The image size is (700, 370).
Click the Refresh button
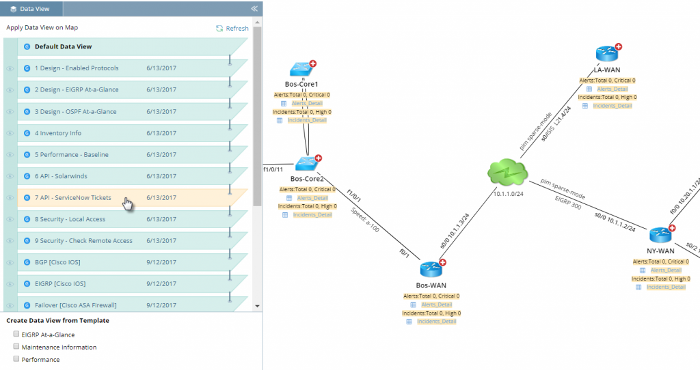pos(232,28)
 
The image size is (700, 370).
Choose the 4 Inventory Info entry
pos(58,133)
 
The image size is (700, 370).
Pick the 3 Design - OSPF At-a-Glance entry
pos(75,111)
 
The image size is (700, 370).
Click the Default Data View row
pos(63,47)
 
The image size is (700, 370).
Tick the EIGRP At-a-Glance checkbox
pos(16,335)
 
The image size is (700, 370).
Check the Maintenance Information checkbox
pos(16,347)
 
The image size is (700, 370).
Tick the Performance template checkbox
pos(16,359)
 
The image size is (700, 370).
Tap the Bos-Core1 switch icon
pos(301,69)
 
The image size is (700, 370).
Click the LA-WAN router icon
pos(606,54)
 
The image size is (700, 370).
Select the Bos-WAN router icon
pos(431,270)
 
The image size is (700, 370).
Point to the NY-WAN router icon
pos(660,235)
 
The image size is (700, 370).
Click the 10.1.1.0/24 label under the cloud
pos(508,195)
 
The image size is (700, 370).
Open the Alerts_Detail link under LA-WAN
pos(612,89)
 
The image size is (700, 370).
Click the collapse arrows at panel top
pos(254,9)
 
